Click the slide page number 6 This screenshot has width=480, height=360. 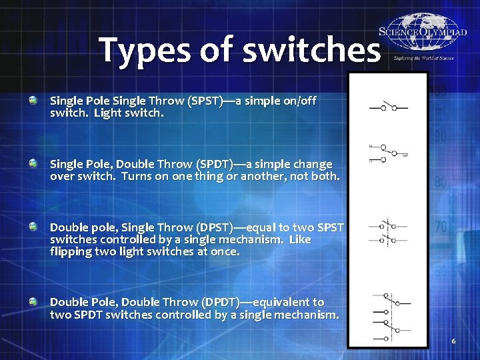click(x=453, y=341)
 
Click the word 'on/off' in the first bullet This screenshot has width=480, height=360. click(x=299, y=101)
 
